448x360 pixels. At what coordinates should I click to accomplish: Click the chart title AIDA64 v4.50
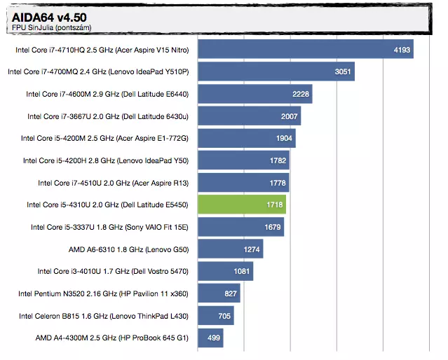(x=43, y=17)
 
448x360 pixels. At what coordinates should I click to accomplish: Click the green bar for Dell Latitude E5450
(x=242, y=205)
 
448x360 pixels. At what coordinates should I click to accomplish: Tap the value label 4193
(x=402, y=50)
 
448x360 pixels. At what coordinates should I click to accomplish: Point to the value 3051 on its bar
(x=343, y=72)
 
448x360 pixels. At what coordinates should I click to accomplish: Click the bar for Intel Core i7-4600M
(x=254, y=94)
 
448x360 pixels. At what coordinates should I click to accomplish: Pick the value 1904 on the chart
(x=284, y=138)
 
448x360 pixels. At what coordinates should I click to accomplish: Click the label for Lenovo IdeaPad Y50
(x=106, y=160)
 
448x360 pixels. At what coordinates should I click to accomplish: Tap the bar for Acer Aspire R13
(x=243, y=183)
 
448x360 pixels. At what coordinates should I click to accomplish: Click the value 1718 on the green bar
(x=274, y=205)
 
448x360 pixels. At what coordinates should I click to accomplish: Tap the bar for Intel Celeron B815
(x=216, y=316)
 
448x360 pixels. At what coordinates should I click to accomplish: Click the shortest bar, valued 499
(x=210, y=338)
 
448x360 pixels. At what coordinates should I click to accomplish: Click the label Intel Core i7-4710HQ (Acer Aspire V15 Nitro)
(x=103, y=50)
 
